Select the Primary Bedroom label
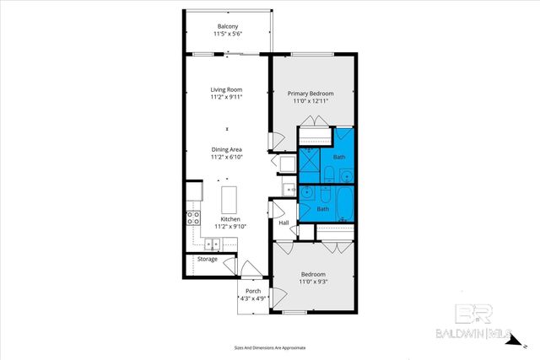(310, 93)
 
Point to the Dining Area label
(225, 149)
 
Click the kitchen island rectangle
(228, 200)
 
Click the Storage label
(208, 259)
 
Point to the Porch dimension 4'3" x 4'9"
(253, 298)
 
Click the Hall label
(283, 223)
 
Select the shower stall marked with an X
(310, 158)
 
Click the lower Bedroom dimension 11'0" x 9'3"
(313, 282)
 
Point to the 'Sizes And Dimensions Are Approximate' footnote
(269, 347)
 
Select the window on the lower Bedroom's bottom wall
(294, 313)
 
